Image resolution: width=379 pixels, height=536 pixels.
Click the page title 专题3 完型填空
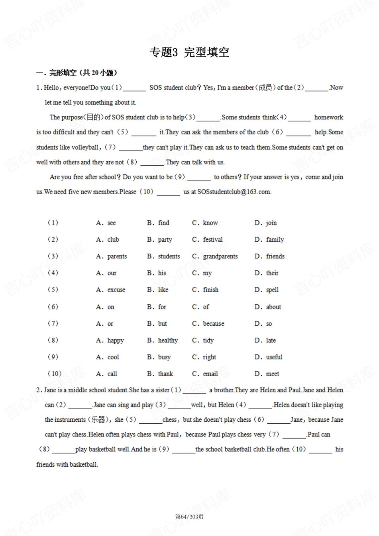pyautogui.click(x=189, y=52)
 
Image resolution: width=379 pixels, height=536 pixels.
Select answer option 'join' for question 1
pyautogui.click(x=271, y=223)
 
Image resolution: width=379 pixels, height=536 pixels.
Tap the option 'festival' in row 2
pyautogui.click(x=212, y=240)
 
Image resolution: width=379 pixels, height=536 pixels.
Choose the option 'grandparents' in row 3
pyautogui.click(x=220, y=256)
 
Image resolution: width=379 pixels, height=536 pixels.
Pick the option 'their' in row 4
pyautogui.click(x=272, y=273)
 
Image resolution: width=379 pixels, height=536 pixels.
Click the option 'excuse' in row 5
pyautogui.click(x=116, y=290)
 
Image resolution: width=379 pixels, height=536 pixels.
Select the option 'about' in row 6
pyautogui.click(x=273, y=307)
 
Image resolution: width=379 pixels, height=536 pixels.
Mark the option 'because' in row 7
pyautogui.click(x=213, y=324)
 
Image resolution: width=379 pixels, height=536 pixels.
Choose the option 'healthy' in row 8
pyautogui.click(x=168, y=340)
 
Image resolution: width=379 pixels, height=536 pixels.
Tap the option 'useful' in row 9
pyautogui.click(x=274, y=357)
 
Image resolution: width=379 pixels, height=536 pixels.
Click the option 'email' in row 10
pyautogui.click(x=210, y=374)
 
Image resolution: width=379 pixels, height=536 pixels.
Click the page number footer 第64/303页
pyautogui.click(x=189, y=517)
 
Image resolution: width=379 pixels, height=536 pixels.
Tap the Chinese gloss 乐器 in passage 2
pyautogui.click(x=98, y=420)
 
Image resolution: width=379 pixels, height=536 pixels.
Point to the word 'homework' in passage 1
pyautogui.click(x=328, y=117)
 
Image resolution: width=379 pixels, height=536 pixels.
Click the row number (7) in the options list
pyautogui.click(x=53, y=324)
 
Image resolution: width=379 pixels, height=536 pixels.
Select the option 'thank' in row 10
pyautogui.click(x=165, y=374)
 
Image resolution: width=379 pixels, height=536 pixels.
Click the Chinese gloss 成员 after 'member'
pyautogui.click(x=265, y=88)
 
